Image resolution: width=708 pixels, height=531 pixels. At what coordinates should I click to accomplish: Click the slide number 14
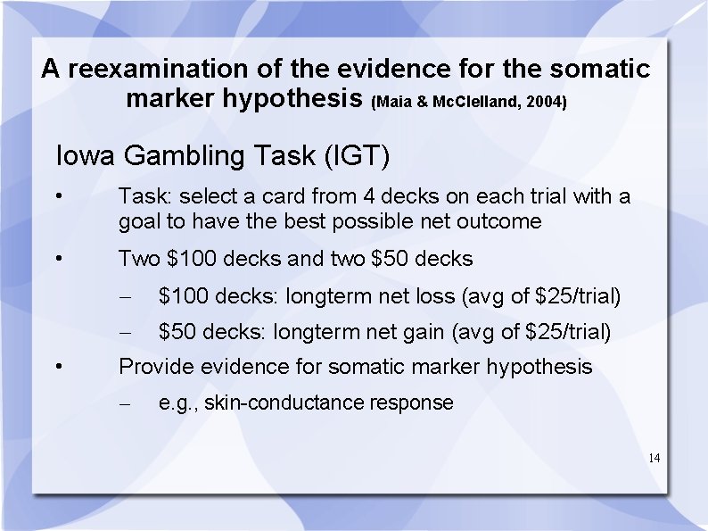tap(654, 458)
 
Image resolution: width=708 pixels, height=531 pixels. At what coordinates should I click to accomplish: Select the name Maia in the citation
tap(396, 103)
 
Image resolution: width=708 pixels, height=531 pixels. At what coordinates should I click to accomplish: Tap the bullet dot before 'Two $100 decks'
tap(57, 260)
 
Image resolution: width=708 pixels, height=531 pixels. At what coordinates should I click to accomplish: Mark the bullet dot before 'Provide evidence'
tap(57, 367)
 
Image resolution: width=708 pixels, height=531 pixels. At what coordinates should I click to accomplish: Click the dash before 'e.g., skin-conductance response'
tap(128, 403)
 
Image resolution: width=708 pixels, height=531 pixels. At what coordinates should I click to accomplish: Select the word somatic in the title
tap(600, 69)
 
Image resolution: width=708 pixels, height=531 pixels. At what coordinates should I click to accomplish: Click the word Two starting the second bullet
tap(139, 259)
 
